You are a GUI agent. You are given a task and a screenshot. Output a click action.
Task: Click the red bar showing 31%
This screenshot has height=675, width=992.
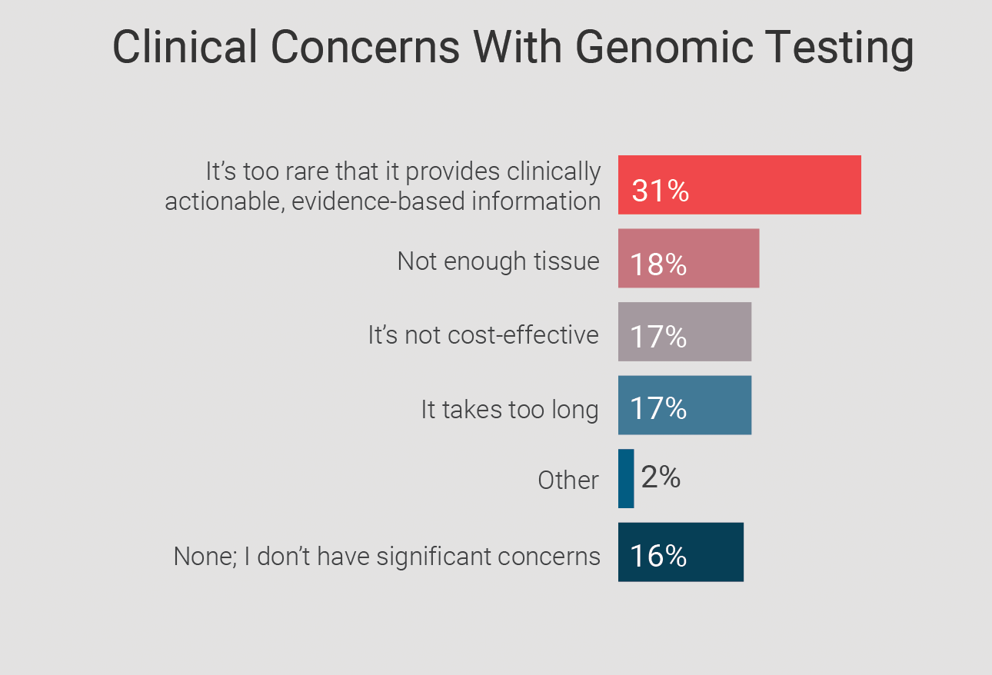769,185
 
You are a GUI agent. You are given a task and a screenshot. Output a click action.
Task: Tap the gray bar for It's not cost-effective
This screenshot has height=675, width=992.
715,331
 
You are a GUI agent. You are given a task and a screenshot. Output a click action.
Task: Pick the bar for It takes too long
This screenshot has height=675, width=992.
715,405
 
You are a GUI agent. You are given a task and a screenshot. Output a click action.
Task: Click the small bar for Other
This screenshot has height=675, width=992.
626,478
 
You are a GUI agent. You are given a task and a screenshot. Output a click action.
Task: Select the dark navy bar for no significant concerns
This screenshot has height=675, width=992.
711,552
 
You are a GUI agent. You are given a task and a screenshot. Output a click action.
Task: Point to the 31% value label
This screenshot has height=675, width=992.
660,191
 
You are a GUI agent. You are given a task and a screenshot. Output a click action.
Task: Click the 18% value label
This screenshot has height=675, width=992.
658,264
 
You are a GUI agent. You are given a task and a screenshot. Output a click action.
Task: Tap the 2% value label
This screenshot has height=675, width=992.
661,478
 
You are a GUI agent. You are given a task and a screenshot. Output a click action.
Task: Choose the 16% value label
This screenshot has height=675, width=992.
658,556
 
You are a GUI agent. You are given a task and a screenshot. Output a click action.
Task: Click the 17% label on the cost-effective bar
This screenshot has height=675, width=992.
658,337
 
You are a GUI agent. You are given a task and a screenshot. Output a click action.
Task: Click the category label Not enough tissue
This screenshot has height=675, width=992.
498,261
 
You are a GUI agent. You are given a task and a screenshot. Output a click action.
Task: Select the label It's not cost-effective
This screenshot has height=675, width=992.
483,335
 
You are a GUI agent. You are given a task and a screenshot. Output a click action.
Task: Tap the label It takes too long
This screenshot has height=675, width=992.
509,409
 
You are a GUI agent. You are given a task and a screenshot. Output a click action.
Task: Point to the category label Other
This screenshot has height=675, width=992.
568,480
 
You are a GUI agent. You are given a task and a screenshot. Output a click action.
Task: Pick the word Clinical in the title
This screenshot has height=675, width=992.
185,47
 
